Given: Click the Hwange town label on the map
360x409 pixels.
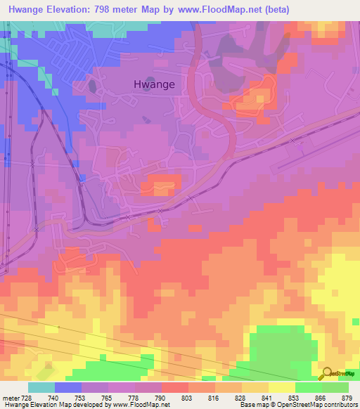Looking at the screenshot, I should (154, 84).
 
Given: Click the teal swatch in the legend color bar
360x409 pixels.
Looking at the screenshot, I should (41, 387).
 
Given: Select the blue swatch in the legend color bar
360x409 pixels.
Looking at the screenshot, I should (67, 387).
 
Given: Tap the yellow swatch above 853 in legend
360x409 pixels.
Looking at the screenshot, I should (281, 387).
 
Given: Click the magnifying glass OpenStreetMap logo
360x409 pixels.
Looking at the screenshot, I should (326, 373).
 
